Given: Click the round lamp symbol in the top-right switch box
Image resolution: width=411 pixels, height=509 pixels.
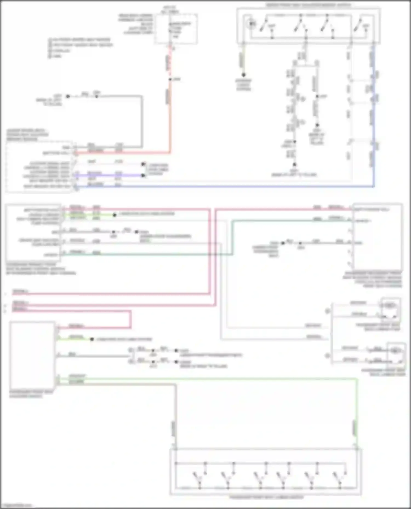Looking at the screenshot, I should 252,24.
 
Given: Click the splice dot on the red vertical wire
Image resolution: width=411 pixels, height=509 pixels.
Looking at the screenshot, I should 170,79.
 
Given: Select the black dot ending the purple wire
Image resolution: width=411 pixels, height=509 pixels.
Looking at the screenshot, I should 143,175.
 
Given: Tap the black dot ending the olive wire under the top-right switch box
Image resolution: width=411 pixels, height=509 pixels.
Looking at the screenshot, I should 243,75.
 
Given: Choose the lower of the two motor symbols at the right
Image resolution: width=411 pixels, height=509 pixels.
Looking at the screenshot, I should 396,350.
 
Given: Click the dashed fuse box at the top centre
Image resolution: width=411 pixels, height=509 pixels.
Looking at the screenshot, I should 176,29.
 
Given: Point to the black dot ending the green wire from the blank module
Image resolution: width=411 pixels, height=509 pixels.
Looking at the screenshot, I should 92,339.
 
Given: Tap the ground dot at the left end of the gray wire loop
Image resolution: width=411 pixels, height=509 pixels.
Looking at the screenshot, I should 68,96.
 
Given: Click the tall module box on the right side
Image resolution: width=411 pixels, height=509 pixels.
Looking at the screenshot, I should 378,237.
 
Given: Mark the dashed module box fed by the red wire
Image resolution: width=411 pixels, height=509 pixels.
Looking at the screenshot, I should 39,167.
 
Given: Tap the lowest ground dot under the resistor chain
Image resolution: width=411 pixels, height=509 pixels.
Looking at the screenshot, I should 294,164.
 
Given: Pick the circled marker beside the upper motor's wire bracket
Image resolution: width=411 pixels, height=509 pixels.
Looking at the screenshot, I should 327,311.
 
